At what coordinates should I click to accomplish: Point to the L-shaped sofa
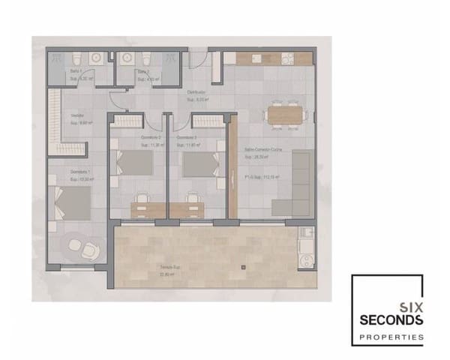(300, 184)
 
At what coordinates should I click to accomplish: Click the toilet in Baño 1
(76, 58)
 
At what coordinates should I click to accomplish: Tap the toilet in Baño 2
(147, 58)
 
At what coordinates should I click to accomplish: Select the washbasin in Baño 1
(95, 58)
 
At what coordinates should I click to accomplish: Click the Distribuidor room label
(196, 92)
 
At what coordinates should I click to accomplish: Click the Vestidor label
(76, 115)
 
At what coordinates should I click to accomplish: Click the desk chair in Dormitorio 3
(193, 197)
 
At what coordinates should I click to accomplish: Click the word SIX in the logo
(408, 304)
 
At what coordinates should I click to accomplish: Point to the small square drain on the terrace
(243, 267)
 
